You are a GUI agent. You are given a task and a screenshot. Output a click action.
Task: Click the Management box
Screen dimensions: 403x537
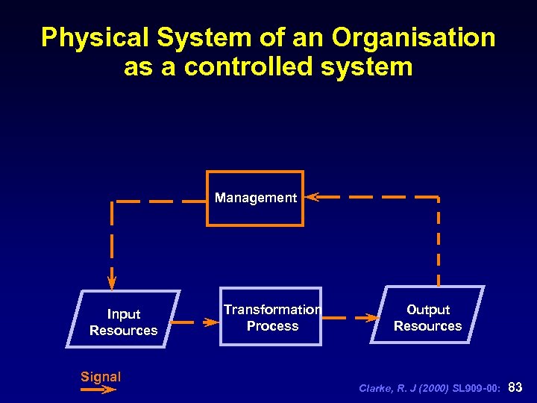click(x=255, y=199)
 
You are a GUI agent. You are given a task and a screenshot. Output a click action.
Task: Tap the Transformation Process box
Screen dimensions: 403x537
click(x=271, y=317)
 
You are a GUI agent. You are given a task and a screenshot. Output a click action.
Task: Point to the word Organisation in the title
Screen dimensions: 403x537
click(x=414, y=37)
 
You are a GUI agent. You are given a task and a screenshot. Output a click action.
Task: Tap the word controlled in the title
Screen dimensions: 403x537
click(x=246, y=67)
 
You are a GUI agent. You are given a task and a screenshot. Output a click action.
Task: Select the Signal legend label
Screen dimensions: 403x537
click(x=101, y=377)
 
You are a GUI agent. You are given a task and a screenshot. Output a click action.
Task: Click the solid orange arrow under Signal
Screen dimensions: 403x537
click(x=98, y=389)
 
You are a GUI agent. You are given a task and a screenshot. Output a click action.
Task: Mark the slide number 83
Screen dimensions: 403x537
click(x=515, y=387)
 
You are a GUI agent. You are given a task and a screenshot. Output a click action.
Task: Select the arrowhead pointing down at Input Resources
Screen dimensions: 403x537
click(x=112, y=282)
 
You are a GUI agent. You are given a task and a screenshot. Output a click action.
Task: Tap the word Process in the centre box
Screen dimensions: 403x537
click(x=272, y=326)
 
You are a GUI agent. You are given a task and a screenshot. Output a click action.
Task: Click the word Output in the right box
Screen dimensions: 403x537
click(x=428, y=310)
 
